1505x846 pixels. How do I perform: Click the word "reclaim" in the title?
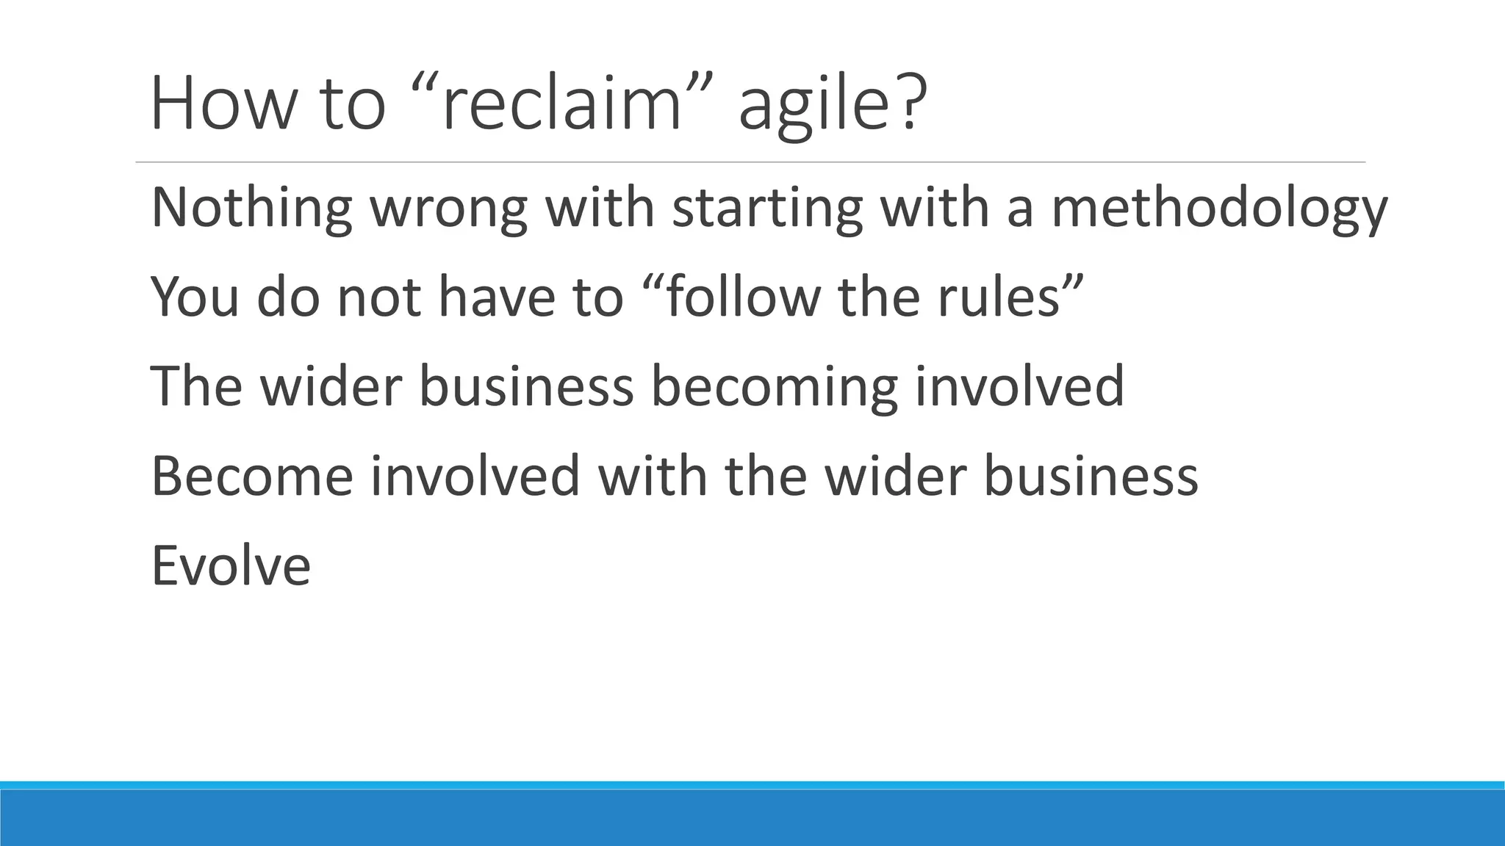[x=562, y=104]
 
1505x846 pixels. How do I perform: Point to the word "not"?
[x=379, y=297]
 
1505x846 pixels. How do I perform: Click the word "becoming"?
[x=775, y=388]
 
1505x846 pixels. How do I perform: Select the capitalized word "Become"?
[x=251, y=476]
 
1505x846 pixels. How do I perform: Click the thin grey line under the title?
[x=750, y=162]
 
